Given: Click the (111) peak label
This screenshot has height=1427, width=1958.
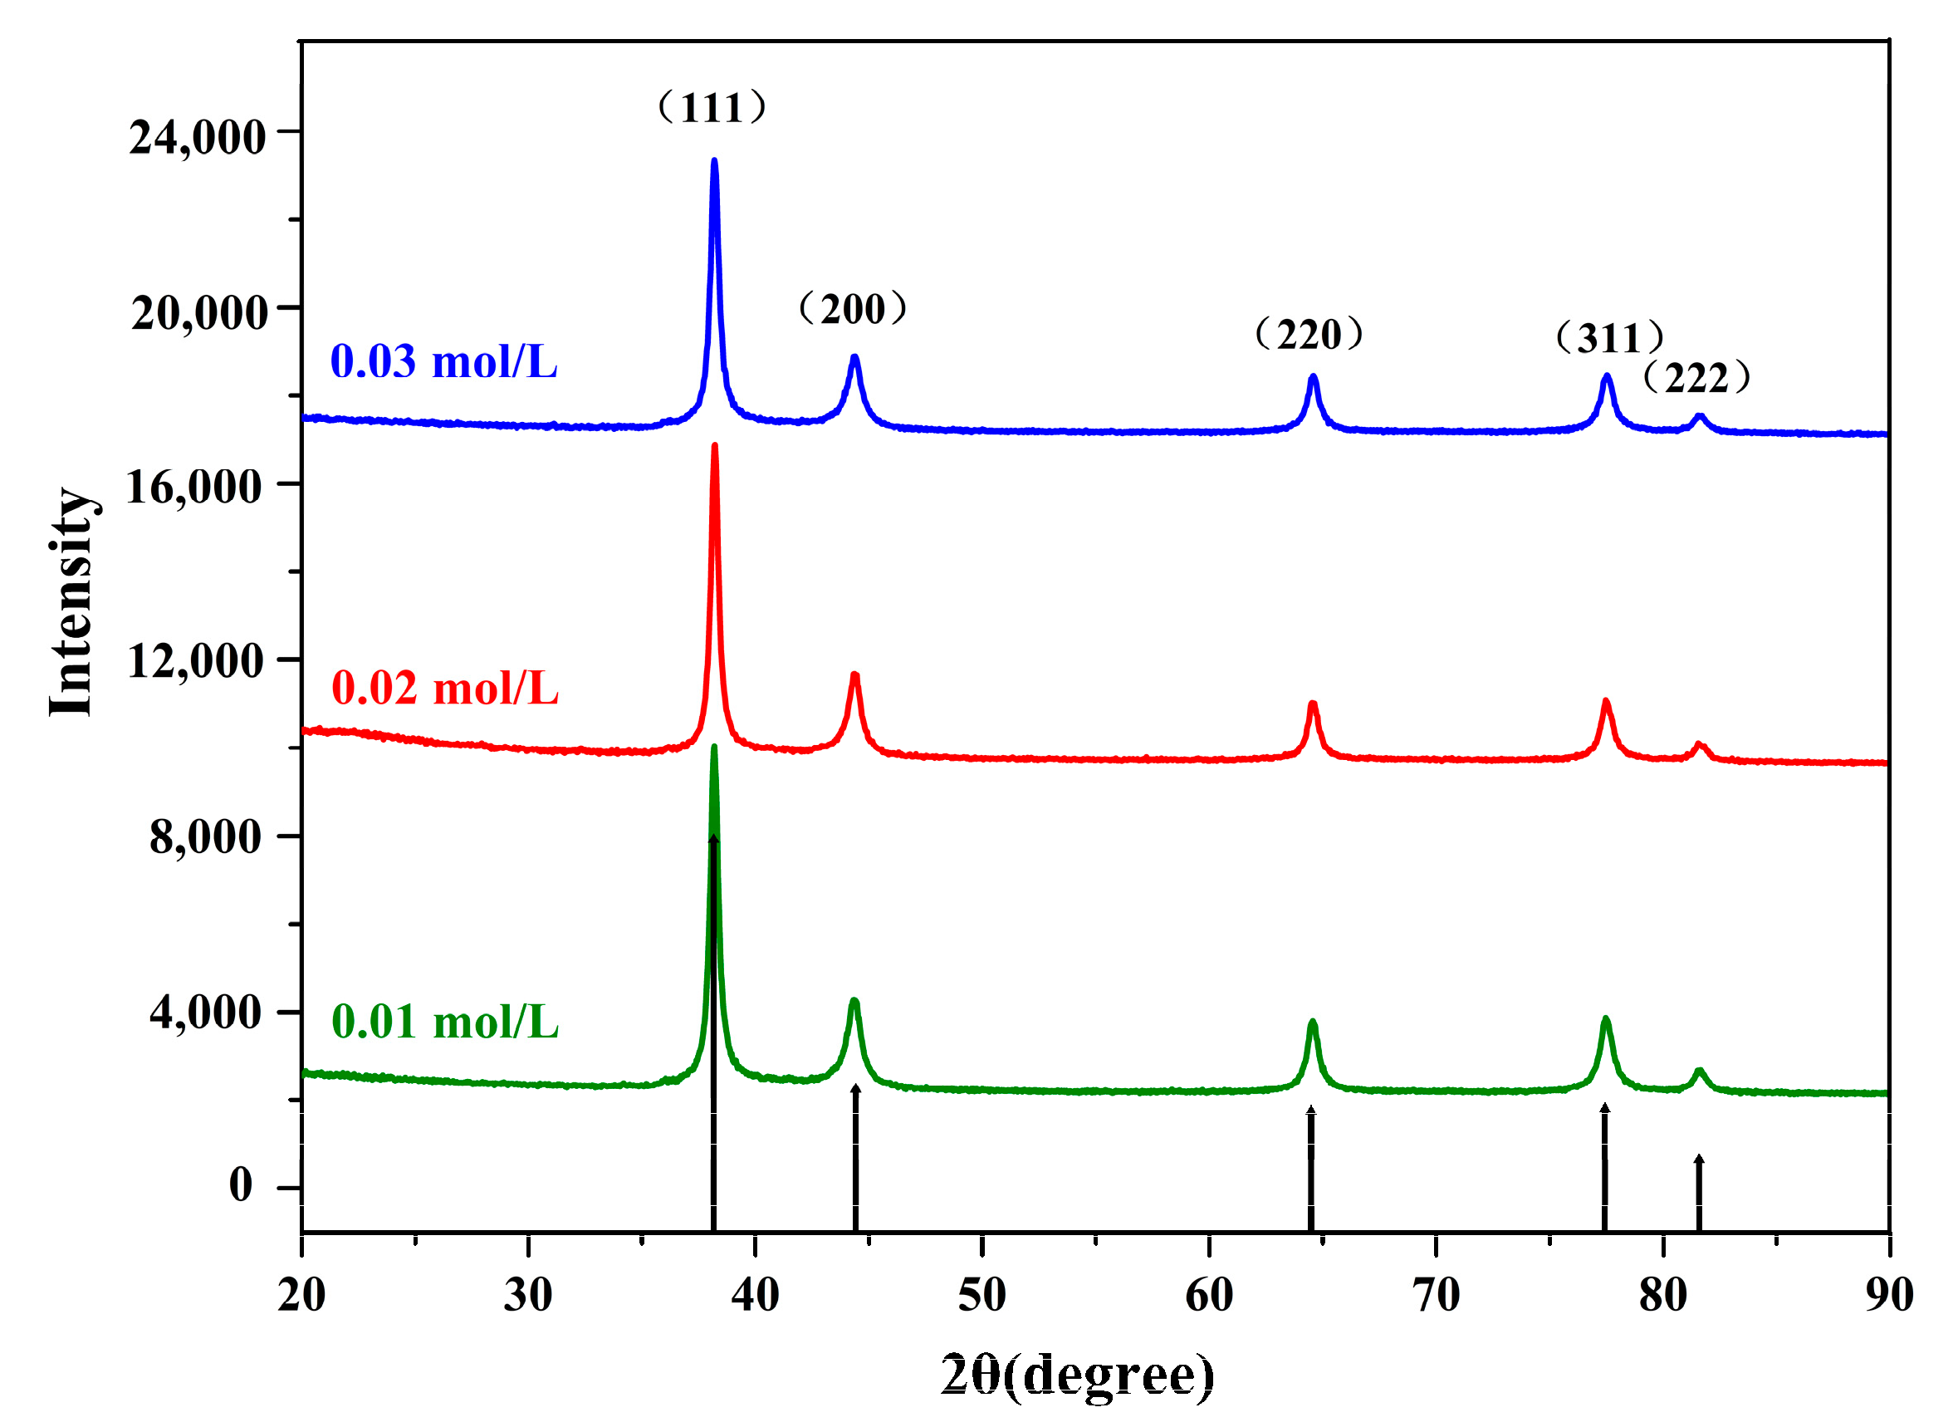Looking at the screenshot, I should [712, 108].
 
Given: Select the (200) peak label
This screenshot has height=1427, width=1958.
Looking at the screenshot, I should [853, 309].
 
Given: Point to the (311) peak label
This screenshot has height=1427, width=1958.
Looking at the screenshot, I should [1610, 339].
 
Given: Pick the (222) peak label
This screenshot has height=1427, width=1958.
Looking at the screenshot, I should [1697, 378].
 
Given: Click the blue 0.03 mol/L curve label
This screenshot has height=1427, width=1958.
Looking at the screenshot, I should [443, 362].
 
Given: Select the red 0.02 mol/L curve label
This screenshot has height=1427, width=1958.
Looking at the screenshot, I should [444, 689].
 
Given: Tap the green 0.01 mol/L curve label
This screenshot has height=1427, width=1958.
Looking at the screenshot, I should [444, 1022].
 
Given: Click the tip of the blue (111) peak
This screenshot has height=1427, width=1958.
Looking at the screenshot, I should [714, 161].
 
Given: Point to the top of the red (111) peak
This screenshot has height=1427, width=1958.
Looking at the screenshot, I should [714, 447].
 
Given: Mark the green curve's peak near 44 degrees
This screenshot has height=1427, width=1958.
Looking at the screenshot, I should [854, 1002].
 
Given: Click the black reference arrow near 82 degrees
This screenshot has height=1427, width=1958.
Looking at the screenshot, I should [1699, 1192].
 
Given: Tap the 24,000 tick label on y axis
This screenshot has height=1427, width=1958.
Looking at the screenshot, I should [197, 137].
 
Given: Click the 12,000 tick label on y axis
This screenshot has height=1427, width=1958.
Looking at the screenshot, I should [195, 662].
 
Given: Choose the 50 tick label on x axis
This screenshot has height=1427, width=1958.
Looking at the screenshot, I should [981, 1296].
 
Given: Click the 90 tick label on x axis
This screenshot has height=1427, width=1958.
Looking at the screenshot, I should [1889, 1296].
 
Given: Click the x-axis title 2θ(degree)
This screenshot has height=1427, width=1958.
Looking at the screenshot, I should [1078, 1375].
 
